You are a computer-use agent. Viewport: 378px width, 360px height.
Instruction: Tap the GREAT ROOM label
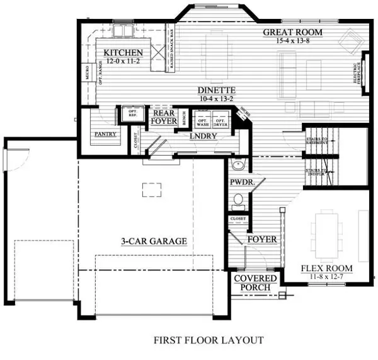[x=292, y=32]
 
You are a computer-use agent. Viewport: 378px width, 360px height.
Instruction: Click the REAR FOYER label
[x=163, y=117]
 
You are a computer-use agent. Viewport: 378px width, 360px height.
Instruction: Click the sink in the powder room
[x=238, y=166]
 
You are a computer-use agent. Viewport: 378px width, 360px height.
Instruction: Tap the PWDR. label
[x=241, y=182]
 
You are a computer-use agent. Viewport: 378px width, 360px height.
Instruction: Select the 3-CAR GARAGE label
[x=154, y=241]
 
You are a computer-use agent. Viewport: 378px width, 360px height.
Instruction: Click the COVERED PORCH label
[x=255, y=283]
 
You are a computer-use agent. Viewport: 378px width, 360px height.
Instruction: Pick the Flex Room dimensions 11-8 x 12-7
[x=326, y=277]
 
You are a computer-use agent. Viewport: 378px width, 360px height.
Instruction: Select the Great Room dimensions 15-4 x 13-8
[x=292, y=40]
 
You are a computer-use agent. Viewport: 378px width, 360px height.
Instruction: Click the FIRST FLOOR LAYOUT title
[x=208, y=340]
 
